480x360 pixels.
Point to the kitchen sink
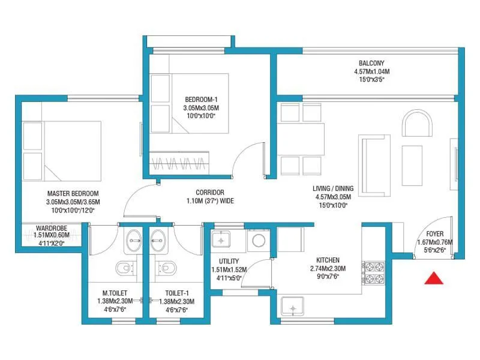point(293,308)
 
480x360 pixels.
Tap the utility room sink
point(222,241)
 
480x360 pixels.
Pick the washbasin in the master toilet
point(133,241)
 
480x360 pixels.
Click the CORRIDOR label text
point(205,193)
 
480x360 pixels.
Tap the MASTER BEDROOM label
point(73,193)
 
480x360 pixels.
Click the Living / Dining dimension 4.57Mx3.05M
point(334,196)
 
